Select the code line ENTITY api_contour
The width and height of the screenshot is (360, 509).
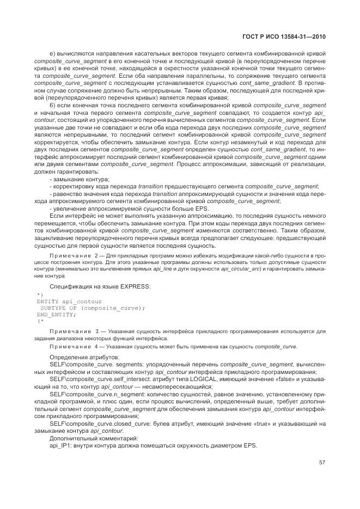coord(69,301)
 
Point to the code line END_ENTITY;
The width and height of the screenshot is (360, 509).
coord(57,315)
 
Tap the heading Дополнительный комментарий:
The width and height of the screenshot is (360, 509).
coord(86,438)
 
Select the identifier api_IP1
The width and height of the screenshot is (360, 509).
coord(60,445)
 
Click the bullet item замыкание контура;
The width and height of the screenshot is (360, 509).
coord(81,180)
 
